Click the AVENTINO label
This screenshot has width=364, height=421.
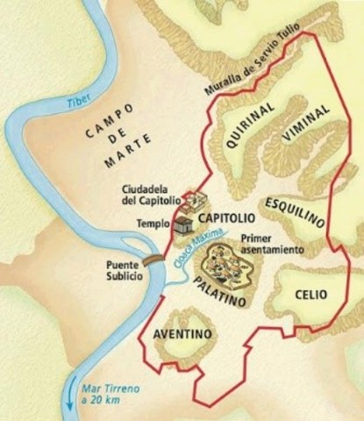[x=183, y=334]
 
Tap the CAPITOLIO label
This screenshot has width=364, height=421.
[x=226, y=217]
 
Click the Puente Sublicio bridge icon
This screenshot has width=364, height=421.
[x=153, y=260]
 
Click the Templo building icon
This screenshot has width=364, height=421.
[x=183, y=225]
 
